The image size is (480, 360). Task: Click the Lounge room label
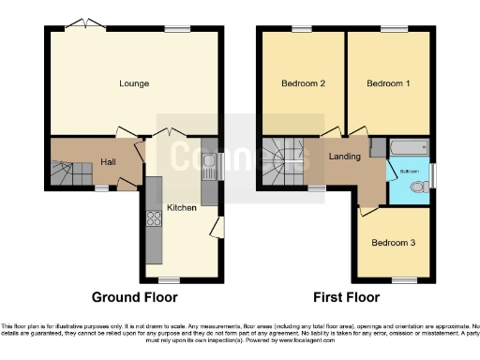point(134,83)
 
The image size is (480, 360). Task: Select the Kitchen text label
point(181,207)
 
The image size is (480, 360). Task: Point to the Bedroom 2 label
point(303,83)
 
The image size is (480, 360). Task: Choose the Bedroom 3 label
point(390,243)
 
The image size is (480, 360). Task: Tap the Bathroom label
point(410,172)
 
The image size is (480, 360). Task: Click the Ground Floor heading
point(134,298)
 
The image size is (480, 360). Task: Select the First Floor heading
point(346,298)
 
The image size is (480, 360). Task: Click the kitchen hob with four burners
point(154,221)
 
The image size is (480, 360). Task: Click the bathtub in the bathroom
point(407,148)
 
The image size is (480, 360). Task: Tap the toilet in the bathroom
point(421,187)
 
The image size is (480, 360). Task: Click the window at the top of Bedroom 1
point(388,29)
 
